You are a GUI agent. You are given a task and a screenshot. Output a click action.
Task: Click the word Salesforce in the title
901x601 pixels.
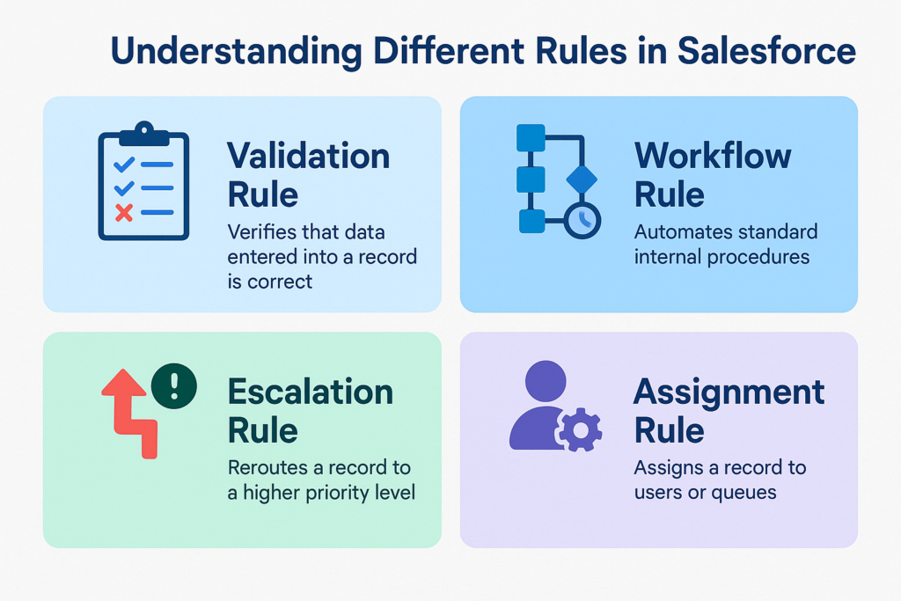point(766,50)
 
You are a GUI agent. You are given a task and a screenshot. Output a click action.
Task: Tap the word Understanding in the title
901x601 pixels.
point(236,52)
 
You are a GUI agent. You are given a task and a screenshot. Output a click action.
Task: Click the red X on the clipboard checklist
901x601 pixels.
point(123,213)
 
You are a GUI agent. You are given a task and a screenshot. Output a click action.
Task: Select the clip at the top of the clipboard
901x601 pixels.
point(144,133)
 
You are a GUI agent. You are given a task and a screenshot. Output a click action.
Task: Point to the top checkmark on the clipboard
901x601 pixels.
point(124,165)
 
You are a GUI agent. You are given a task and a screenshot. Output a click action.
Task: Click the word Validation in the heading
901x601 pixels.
point(309,156)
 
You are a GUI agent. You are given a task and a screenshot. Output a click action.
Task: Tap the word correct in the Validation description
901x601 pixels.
point(280,282)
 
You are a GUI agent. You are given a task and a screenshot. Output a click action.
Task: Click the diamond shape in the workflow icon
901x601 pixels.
point(582,180)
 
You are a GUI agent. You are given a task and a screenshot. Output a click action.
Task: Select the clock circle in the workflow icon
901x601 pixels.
point(582,219)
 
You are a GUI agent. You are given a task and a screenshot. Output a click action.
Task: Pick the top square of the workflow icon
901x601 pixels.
point(531,138)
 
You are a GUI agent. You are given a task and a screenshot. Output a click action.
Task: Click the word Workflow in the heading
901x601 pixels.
point(713,156)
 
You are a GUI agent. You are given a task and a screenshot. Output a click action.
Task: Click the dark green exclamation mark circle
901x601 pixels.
point(174,386)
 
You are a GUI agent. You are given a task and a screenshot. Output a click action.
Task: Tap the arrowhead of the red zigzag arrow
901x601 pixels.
point(123,382)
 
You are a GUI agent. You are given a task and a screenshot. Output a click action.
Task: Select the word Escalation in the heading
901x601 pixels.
point(311,392)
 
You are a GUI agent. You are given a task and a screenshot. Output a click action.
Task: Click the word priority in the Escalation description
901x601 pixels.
point(337,493)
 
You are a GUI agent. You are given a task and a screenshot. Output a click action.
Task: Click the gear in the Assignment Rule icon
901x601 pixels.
point(580,429)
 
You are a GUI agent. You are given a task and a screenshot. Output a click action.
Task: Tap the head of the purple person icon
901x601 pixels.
point(546,381)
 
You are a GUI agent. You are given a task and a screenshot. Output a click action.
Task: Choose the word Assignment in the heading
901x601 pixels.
point(729,393)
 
